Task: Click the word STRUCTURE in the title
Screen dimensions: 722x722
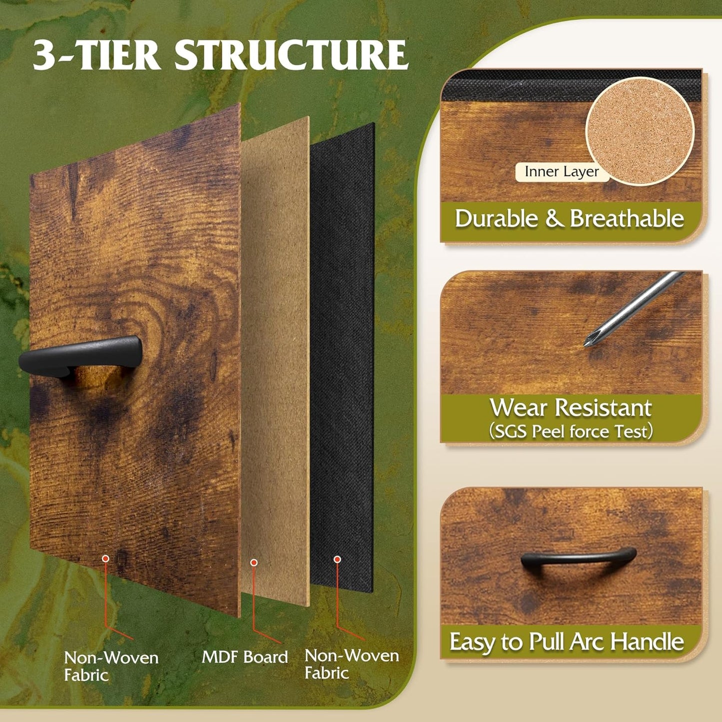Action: click(x=291, y=54)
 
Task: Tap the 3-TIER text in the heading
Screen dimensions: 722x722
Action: click(x=97, y=54)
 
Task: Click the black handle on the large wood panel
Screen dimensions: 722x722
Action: click(x=80, y=355)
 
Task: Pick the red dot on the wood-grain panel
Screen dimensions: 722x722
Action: click(x=105, y=559)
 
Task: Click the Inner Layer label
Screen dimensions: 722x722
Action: click(x=562, y=171)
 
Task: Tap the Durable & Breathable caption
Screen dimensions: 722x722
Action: click(x=570, y=218)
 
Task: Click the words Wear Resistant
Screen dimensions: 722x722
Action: click(x=571, y=408)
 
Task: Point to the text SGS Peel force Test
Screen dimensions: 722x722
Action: click(x=571, y=432)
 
